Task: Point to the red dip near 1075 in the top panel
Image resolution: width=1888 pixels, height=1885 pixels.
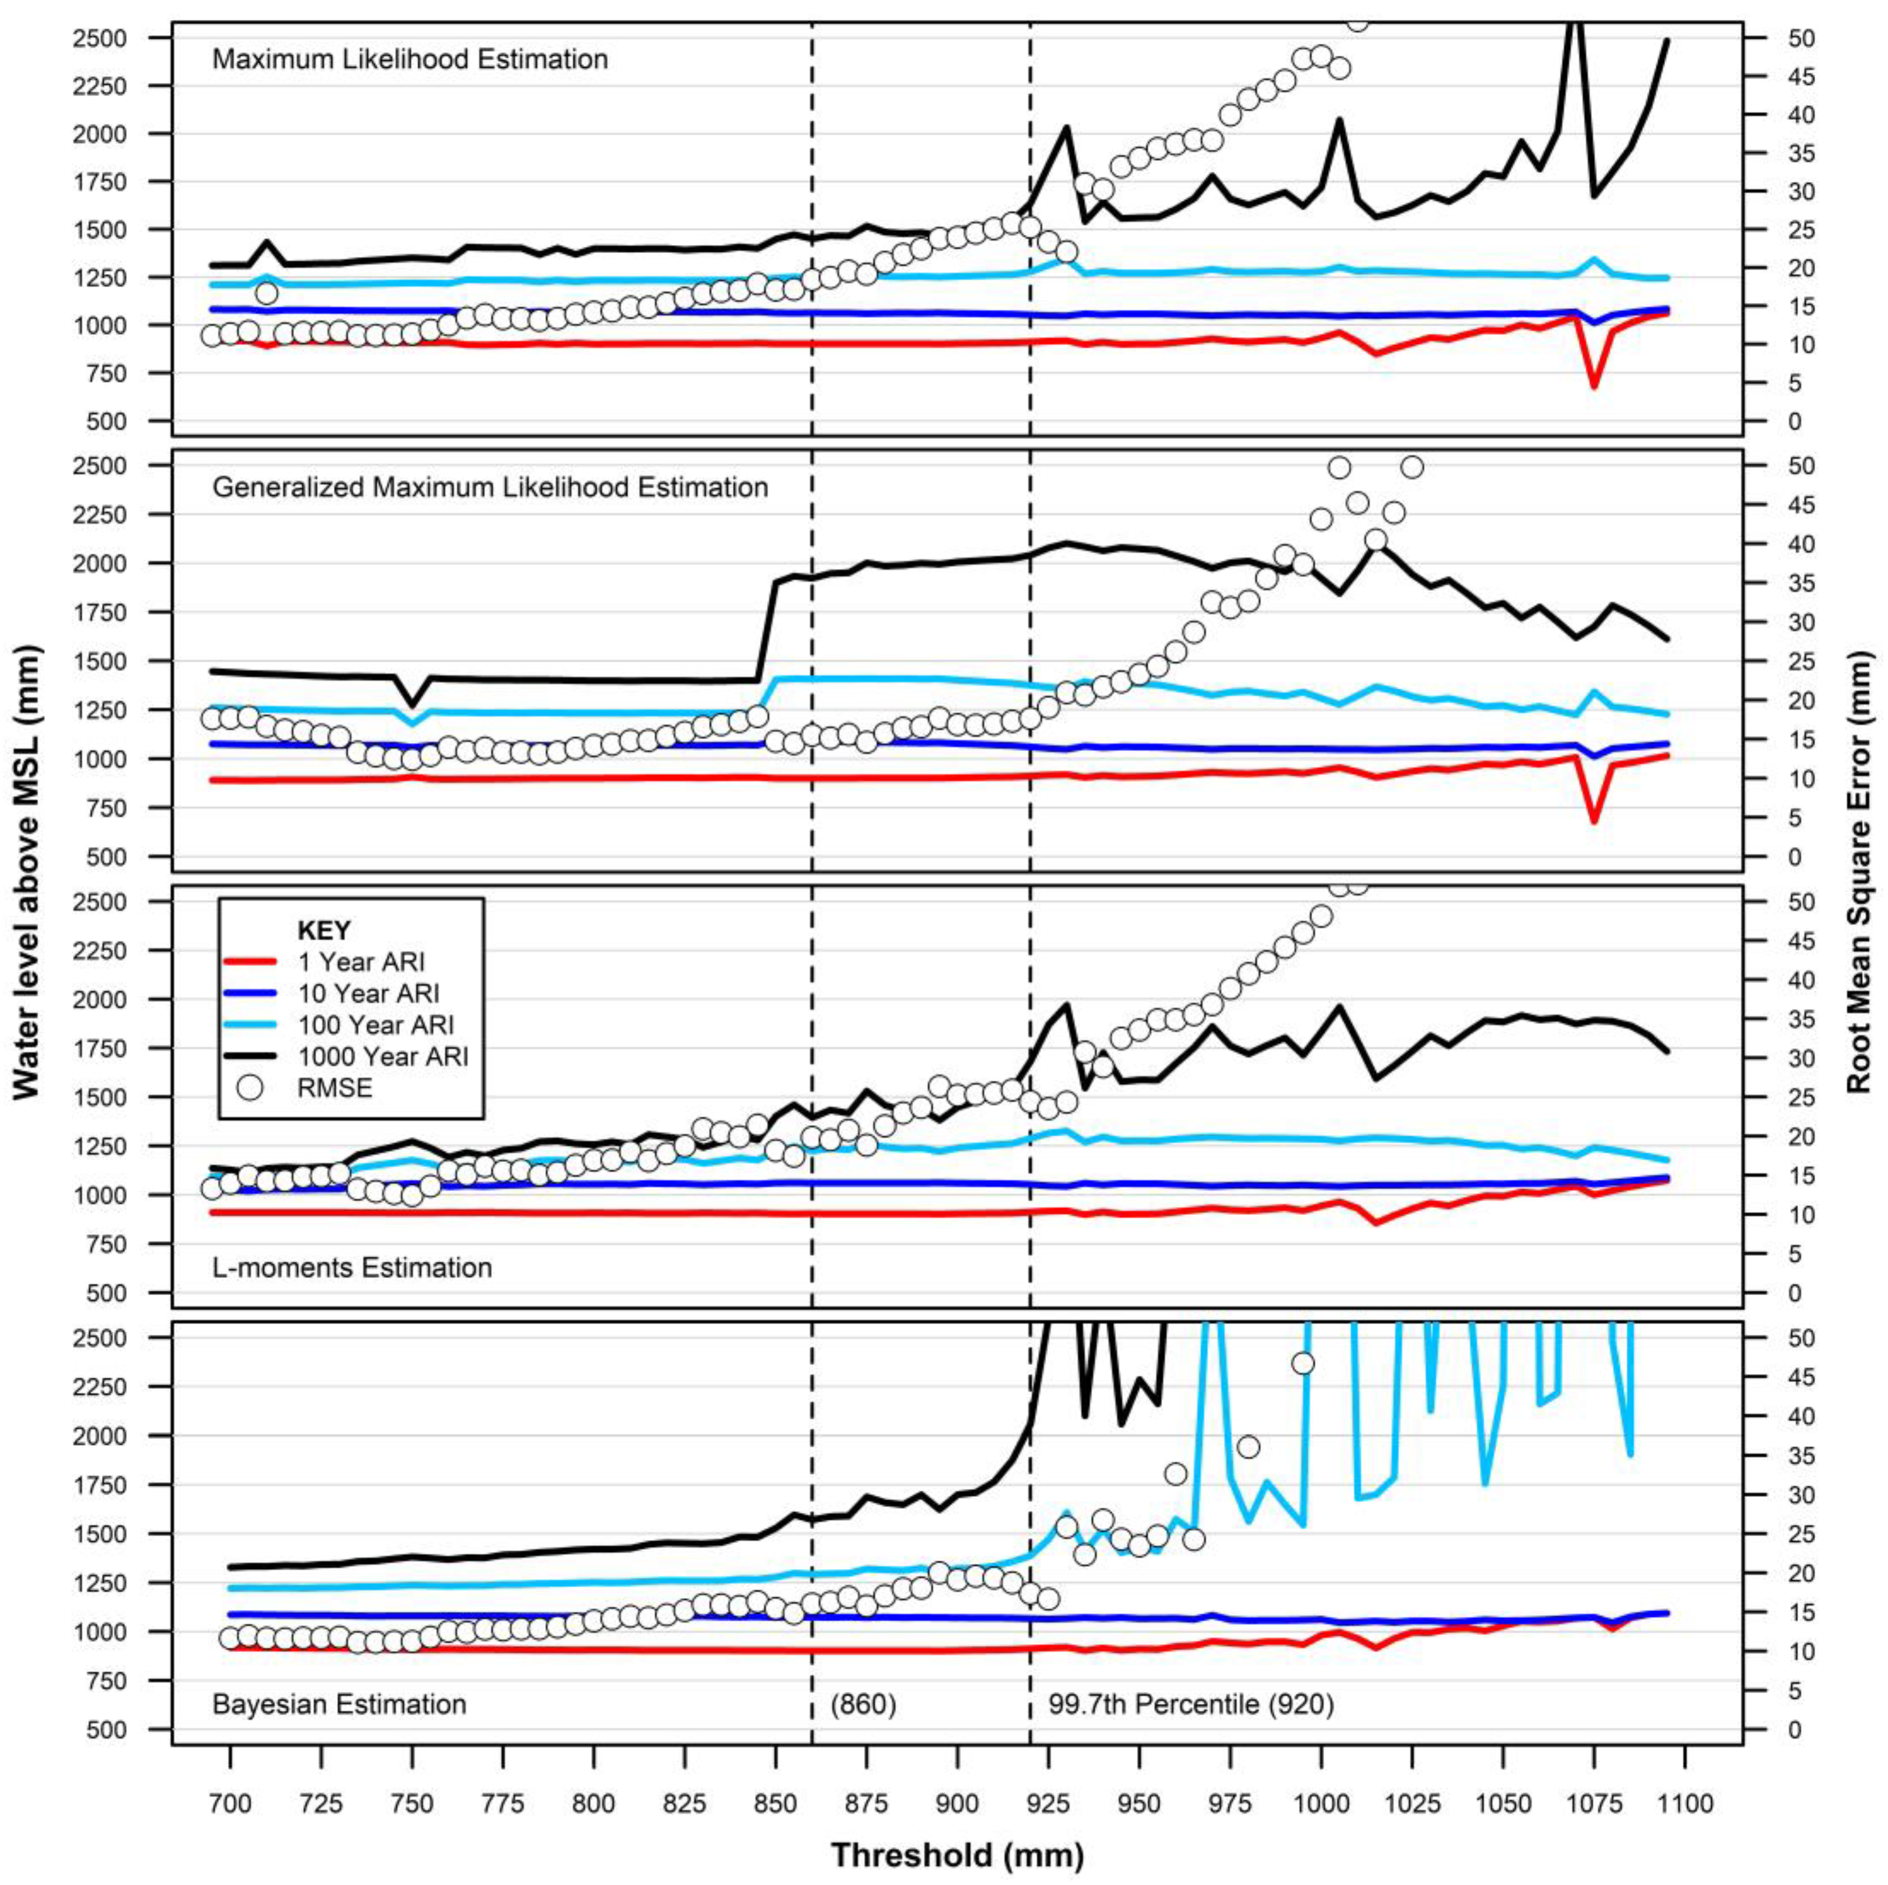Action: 1594,386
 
